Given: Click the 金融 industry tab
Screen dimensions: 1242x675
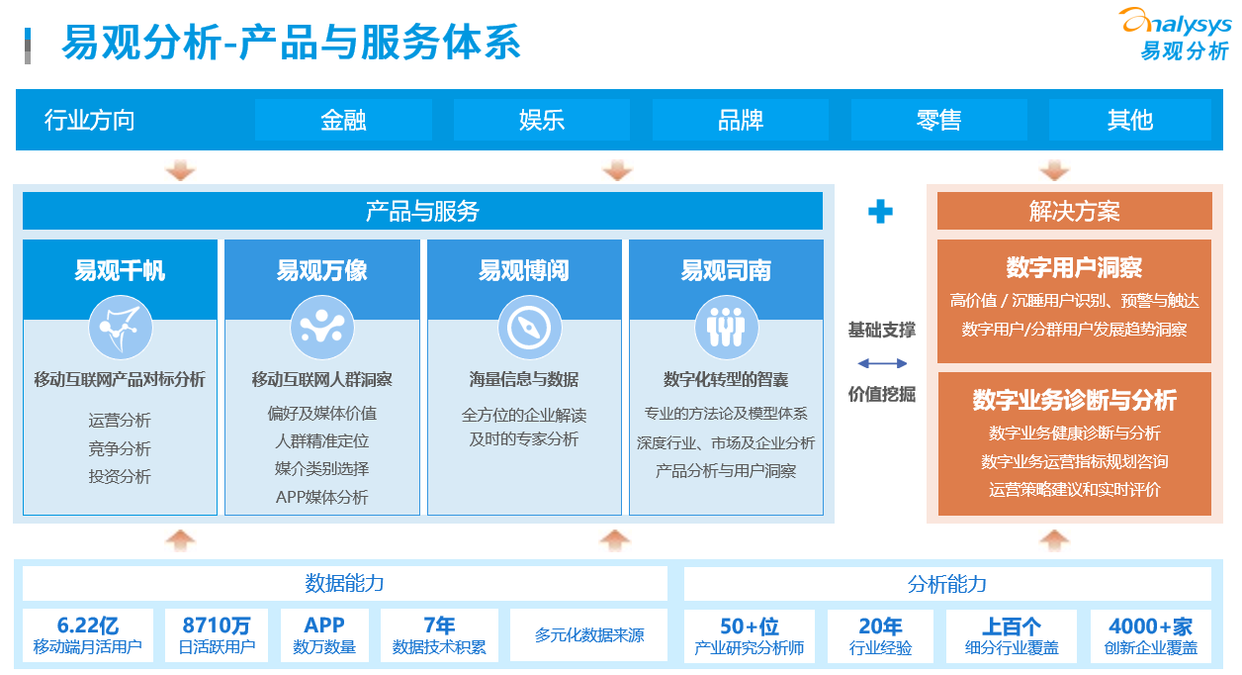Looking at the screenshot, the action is pyautogui.click(x=343, y=120).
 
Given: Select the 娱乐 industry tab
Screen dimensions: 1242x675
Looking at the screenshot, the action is pyautogui.click(x=542, y=120).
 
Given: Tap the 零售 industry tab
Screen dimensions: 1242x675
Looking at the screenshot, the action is pyautogui.click(x=938, y=120).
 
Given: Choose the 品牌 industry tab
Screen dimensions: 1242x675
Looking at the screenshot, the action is pyautogui.click(x=741, y=120).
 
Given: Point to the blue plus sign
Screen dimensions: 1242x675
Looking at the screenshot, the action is pyautogui.click(x=880, y=212).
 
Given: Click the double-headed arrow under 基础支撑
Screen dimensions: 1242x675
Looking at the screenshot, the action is pyautogui.click(x=882, y=363).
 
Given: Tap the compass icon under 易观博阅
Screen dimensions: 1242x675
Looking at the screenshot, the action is pyautogui.click(x=529, y=328).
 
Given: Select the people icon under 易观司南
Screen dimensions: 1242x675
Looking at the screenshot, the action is pyautogui.click(x=727, y=328).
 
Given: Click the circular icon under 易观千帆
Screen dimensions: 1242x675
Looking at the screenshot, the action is pyautogui.click(x=121, y=328).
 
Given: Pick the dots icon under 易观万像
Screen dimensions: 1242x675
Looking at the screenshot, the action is pyautogui.click(x=322, y=328).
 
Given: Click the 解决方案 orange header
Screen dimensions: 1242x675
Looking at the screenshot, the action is pyautogui.click(x=1075, y=211).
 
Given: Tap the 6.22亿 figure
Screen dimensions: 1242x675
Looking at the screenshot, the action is pyautogui.click(x=88, y=626).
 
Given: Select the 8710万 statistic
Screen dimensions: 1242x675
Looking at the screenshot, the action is pyautogui.click(x=217, y=626).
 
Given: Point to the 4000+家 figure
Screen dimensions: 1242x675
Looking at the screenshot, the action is pyautogui.click(x=1150, y=627).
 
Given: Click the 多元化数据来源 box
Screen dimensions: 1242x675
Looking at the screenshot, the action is pyautogui.click(x=588, y=635).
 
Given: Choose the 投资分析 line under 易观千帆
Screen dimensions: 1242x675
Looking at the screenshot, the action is pyautogui.click(x=120, y=476).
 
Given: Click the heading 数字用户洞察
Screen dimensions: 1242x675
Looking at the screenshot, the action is pyautogui.click(x=1074, y=267).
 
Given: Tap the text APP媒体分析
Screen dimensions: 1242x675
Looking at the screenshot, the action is pyautogui.click(x=322, y=497).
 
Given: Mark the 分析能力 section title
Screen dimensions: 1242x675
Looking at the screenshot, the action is pyautogui.click(x=947, y=584).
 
